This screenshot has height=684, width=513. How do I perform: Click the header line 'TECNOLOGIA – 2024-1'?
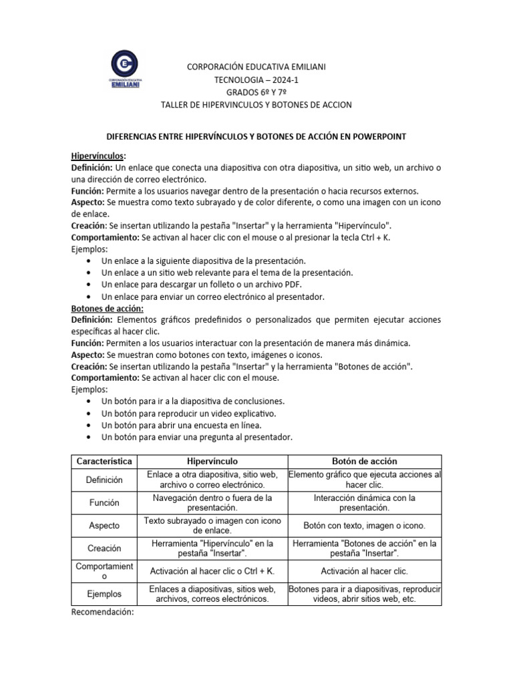[256, 79]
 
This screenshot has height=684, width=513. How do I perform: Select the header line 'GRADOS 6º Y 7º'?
[256, 92]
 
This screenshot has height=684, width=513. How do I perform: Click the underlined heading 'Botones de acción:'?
[107, 309]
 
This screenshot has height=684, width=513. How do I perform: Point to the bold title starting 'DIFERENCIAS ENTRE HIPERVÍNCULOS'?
[256, 136]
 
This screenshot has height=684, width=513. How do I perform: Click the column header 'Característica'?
[104, 462]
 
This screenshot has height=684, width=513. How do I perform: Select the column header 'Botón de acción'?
[364, 462]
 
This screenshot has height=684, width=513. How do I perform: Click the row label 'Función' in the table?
[104, 503]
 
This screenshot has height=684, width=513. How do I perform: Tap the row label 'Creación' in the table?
[104, 548]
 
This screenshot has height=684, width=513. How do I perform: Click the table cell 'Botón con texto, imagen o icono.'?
[364, 526]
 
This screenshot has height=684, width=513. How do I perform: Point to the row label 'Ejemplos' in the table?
[104, 594]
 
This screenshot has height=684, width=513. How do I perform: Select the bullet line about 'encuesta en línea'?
[181, 425]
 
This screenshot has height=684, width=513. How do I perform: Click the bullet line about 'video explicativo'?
[188, 413]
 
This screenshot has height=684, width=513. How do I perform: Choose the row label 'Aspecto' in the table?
[104, 526]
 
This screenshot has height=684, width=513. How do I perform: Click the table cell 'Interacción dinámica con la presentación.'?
[364, 503]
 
